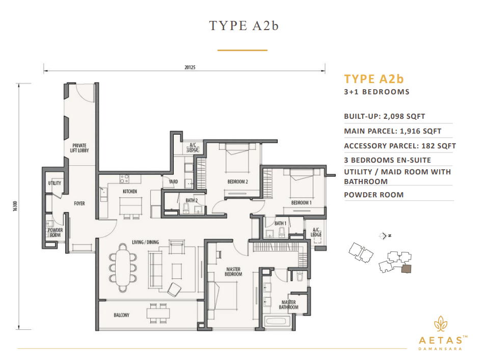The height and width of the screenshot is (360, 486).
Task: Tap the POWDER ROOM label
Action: click(x=55, y=232)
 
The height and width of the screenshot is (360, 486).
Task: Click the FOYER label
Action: click(x=79, y=203)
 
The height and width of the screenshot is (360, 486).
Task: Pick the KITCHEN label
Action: click(x=129, y=191)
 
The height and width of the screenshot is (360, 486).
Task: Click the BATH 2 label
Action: click(x=192, y=200)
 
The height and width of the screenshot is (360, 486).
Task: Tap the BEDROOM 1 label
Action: click(x=301, y=202)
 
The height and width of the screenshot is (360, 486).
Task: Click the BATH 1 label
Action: click(x=280, y=223)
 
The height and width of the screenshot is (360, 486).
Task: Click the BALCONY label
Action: click(x=121, y=315)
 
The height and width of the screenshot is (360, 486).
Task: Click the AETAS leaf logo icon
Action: click(x=441, y=324)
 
